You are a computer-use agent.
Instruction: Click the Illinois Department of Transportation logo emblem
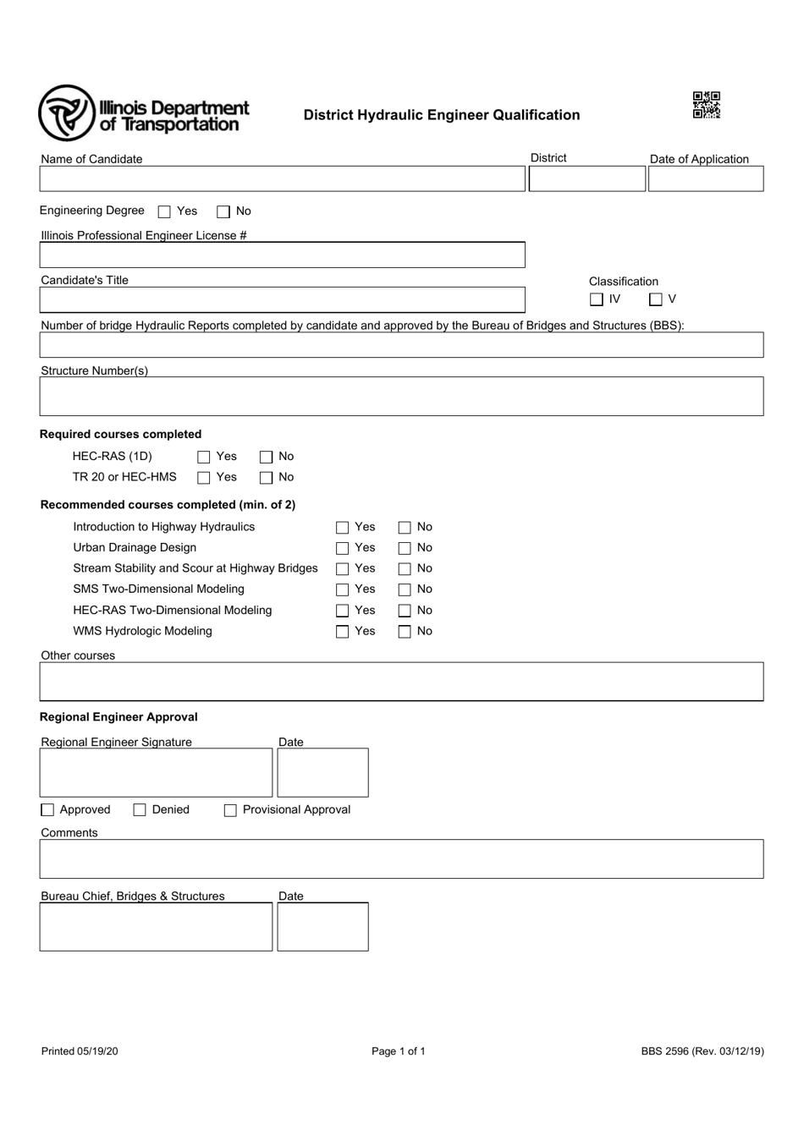pos(66,113)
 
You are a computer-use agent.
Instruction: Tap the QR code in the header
pos(706,105)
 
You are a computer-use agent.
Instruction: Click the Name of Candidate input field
pos(282,178)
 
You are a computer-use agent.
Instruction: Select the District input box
pos(586,178)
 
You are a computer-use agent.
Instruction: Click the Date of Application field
pos(705,178)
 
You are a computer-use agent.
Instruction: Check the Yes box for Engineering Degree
pos(165,211)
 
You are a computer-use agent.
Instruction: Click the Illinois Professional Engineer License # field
pos(282,255)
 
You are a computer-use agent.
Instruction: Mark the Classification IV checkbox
pos(597,299)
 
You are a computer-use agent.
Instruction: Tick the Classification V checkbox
pos(656,299)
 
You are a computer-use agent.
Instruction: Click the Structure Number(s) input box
pos(401,396)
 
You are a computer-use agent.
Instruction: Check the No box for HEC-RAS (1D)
pos(267,457)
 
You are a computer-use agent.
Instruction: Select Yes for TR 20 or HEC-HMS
pos(204,478)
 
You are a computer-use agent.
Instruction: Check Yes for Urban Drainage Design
pos(343,548)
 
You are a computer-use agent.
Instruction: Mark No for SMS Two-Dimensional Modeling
pos(405,589)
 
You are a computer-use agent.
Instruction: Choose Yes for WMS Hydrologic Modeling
pos(343,632)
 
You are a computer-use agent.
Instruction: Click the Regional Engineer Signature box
pos(156,772)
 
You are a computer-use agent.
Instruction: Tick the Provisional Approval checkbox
pos(230,810)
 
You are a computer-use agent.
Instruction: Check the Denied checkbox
pos(140,810)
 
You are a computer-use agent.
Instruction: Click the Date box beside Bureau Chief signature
pos(322,926)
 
